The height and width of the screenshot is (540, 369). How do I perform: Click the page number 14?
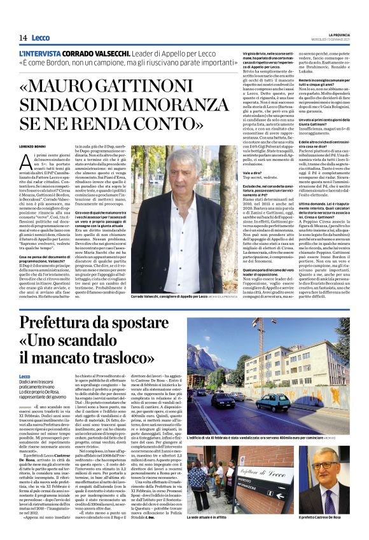point(22,38)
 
